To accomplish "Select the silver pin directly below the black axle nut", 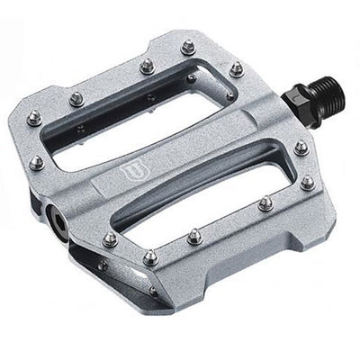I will click(x=301, y=146).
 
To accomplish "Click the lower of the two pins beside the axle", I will click(x=308, y=182).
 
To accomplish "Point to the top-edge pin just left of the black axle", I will click(x=236, y=68).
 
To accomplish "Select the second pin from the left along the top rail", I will click(x=145, y=65).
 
